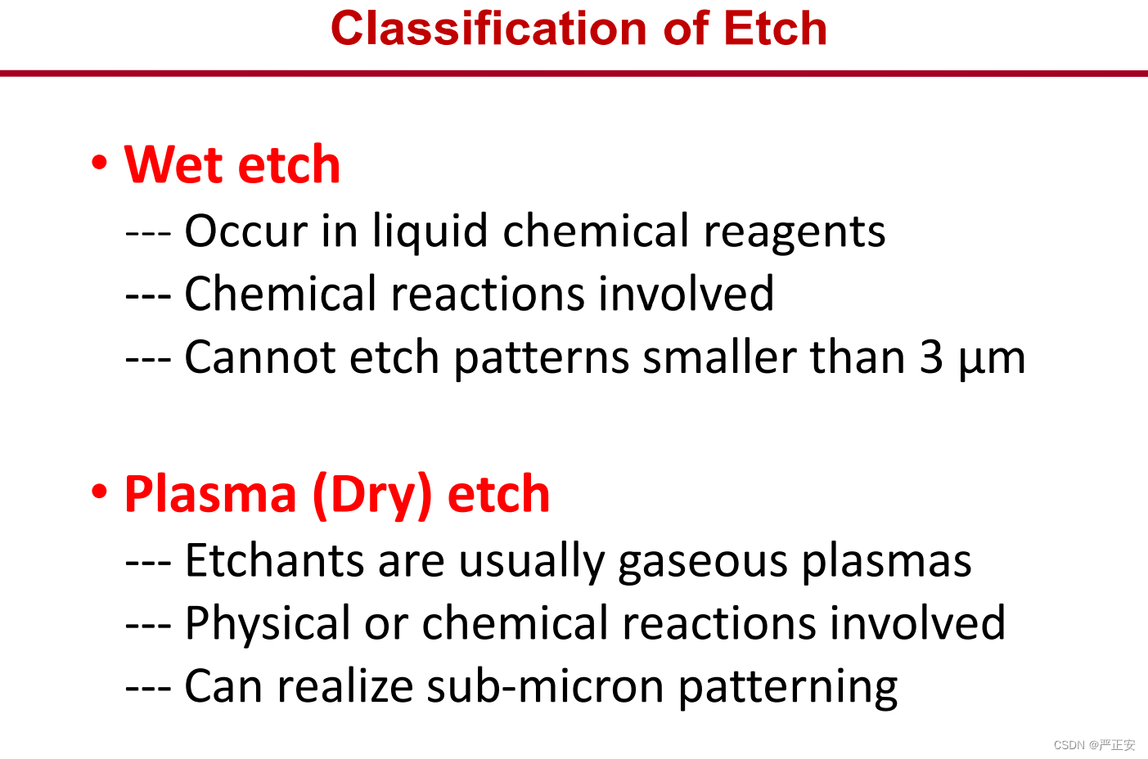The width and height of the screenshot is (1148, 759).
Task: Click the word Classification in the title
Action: tap(489, 29)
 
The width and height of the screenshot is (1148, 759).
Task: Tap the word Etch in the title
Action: tap(776, 29)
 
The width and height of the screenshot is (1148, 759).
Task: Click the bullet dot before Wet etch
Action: tap(100, 163)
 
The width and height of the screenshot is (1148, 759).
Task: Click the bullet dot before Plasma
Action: tap(100, 492)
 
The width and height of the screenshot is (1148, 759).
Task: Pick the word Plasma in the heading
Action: tap(210, 494)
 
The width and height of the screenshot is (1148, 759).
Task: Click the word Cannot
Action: tap(260, 357)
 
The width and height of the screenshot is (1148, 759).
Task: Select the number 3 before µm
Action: tap(931, 357)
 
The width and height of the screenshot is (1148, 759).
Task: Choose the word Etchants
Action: tap(274, 560)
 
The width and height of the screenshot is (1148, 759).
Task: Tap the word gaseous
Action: tap(702, 564)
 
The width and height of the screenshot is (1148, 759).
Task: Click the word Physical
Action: tap(268, 625)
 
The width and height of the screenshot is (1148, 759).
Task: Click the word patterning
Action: tap(788, 689)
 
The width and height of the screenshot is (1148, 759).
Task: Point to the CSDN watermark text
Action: tap(1094, 745)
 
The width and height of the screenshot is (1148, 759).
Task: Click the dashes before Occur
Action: tap(148, 235)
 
